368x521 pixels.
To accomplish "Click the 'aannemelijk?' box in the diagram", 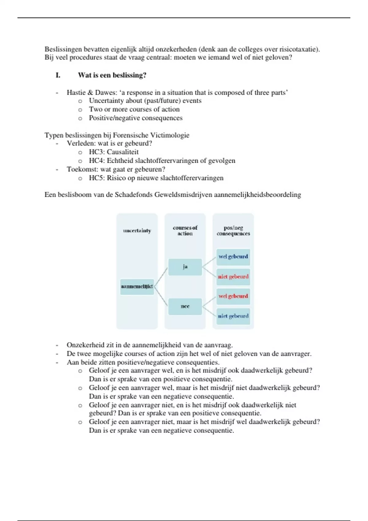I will [137, 287].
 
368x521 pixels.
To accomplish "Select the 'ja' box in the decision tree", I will [185, 267].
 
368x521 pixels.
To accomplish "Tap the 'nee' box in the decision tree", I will [185, 306].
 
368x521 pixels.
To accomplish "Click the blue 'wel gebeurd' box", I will [233, 257].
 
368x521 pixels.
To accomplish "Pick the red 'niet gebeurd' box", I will [233, 276].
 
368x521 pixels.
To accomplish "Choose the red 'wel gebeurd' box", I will [233, 296].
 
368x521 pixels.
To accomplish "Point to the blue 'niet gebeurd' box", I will [233, 316].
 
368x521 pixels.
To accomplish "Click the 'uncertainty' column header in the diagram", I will [137, 230].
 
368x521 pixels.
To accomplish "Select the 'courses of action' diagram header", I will [185, 230].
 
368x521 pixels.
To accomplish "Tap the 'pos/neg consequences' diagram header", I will [233, 230].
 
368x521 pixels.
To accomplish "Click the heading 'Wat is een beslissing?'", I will [112, 75].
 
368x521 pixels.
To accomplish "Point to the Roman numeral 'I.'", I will [58, 75].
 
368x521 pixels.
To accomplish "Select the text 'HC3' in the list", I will [96, 152].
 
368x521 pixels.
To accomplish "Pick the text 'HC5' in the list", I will [96, 178].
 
